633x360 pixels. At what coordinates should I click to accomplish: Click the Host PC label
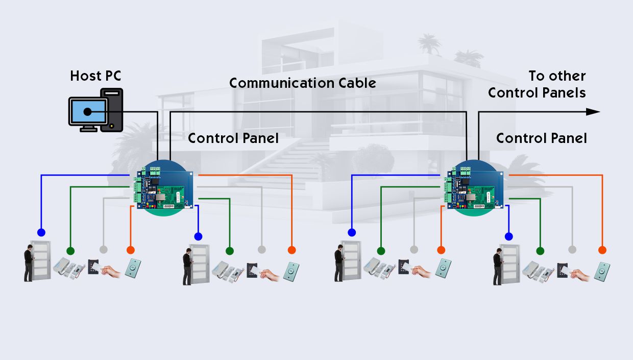pos(95,76)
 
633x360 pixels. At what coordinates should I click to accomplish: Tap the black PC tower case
pos(112,109)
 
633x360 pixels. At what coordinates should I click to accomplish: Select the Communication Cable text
pos(302,83)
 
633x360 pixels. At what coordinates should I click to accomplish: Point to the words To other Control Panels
pos(537,84)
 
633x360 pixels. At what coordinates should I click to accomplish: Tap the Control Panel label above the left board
pos(233,138)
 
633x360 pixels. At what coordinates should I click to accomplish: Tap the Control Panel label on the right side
pos(541,138)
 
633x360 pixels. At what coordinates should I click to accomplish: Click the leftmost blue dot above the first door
pos(40,231)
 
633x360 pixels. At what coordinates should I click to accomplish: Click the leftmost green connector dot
pos(70,251)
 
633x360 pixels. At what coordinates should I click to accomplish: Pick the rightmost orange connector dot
pos(602,250)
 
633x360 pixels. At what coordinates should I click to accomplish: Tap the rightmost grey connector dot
pos(572,250)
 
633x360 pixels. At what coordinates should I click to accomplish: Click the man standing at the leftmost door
pos(29,262)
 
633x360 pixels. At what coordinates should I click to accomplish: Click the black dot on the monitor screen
pos(87,111)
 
